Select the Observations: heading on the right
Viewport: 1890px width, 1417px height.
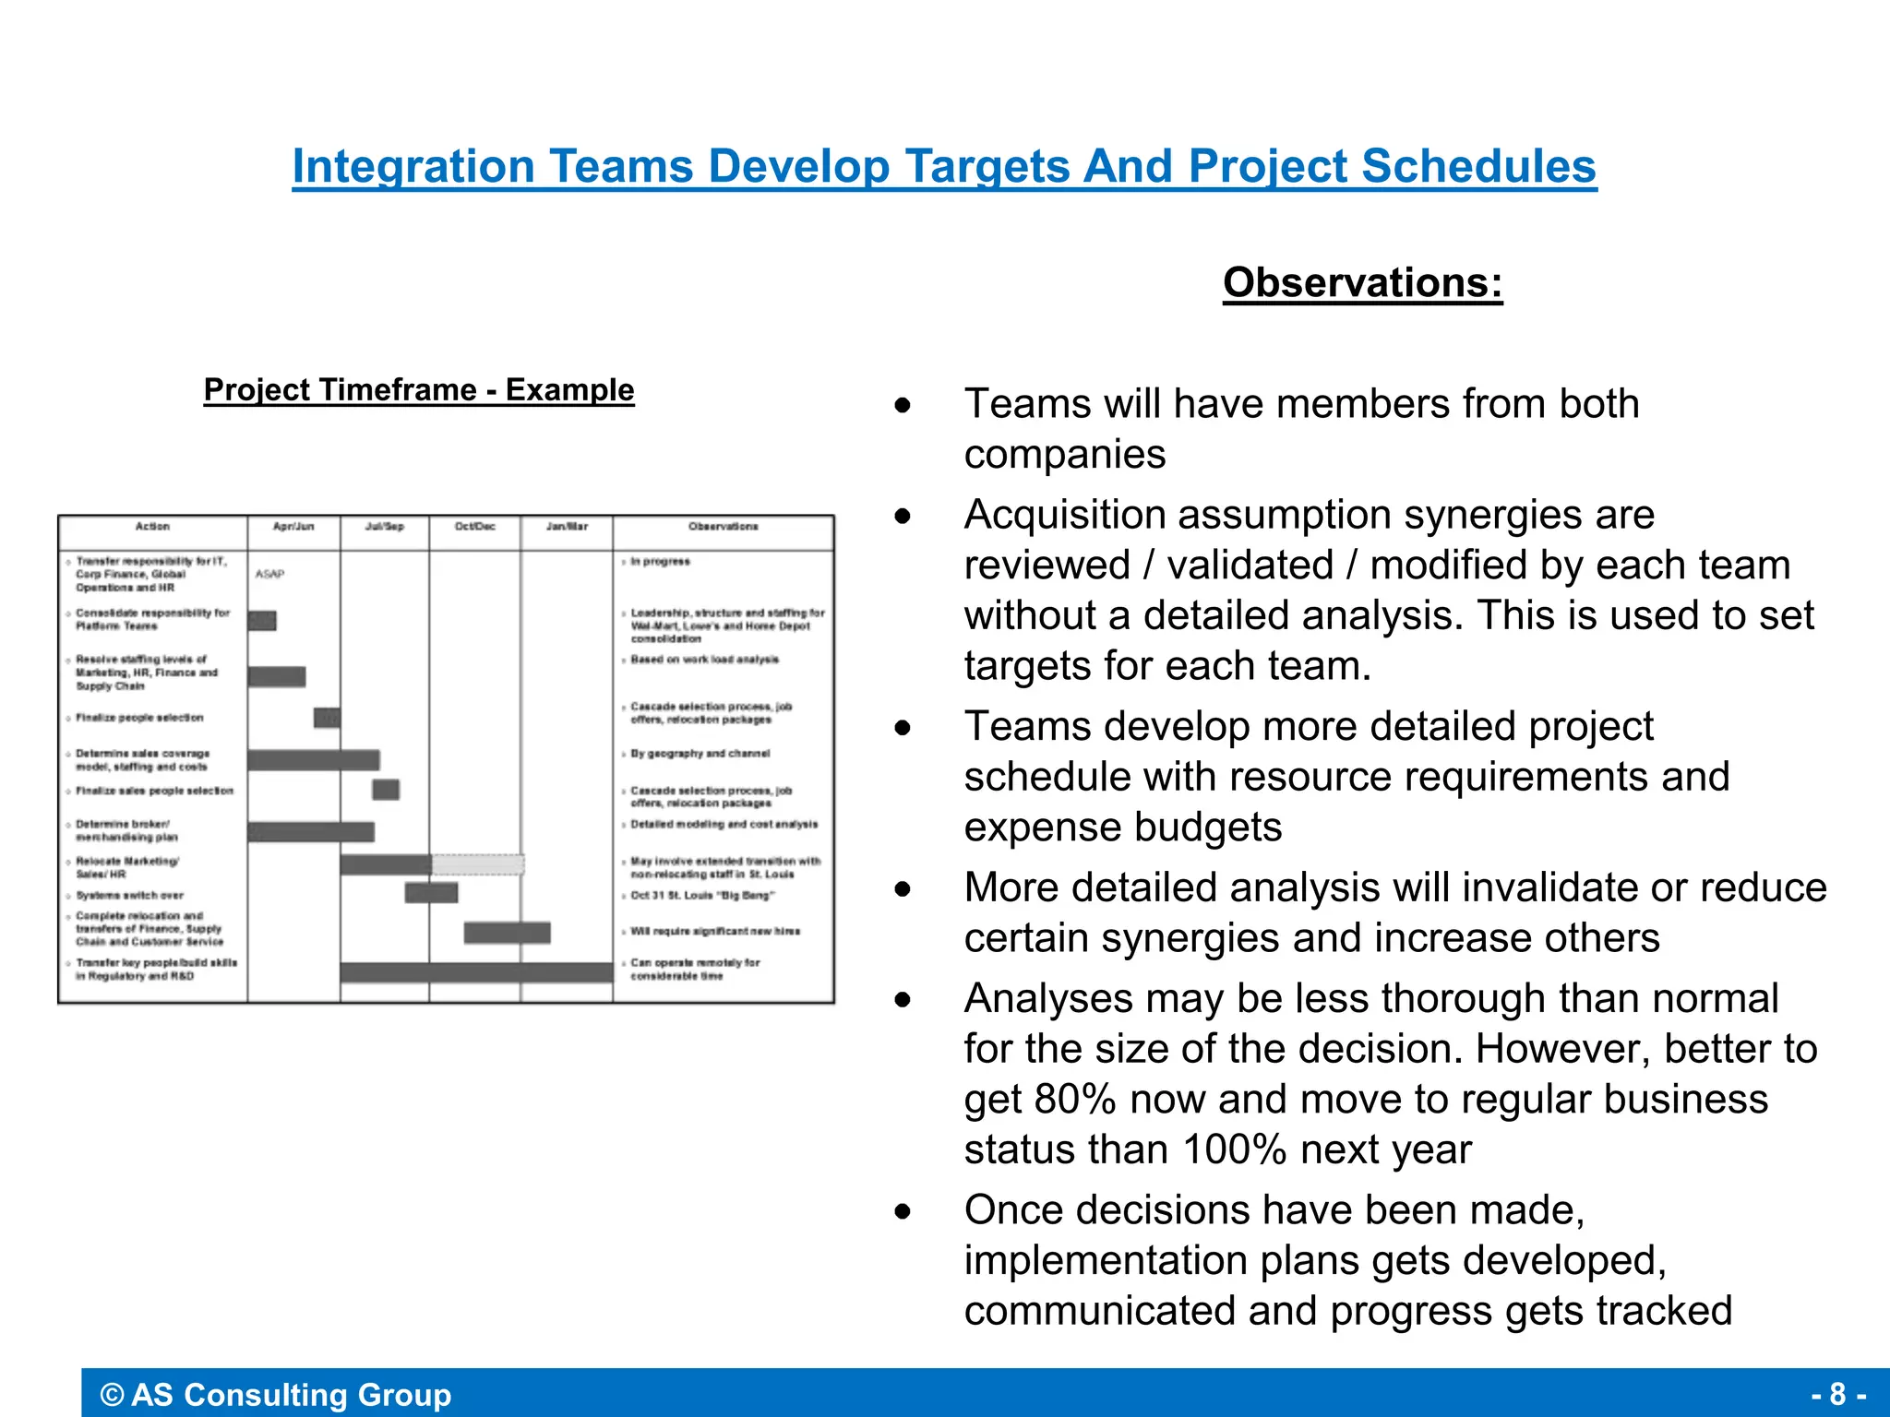pyautogui.click(x=1362, y=282)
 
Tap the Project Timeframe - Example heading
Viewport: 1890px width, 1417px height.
pyautogui.click(x=419, y=390)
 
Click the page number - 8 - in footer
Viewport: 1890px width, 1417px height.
pyautogui.click(x=1838, y=1394)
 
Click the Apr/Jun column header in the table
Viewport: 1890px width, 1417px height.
pyautogui.click(x=293, y=527)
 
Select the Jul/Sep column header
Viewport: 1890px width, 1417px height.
pyautogui.click(x=384, y=527)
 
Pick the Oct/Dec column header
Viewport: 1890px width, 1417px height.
pyautogui.click(x=474, y=527)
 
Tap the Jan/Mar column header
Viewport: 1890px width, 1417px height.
pyautogui.click(x=566, y=527)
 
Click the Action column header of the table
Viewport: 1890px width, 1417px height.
pyautogui.click(x=152, y=527)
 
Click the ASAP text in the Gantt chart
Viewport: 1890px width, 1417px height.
pyautogui.click(x=269, y=574)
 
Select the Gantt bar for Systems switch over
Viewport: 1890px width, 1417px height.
pyautogui.click(x=431, y=893)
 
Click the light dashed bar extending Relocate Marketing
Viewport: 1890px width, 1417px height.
pyautogui.click(x=478, y=864)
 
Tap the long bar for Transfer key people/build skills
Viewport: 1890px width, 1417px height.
pyautogui.click(x=476, y=972)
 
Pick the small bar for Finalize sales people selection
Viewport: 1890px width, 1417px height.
pyautogui.click(x=386, y=790)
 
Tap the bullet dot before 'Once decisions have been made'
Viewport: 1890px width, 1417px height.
pyautogui.click(x=903, y=1210)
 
